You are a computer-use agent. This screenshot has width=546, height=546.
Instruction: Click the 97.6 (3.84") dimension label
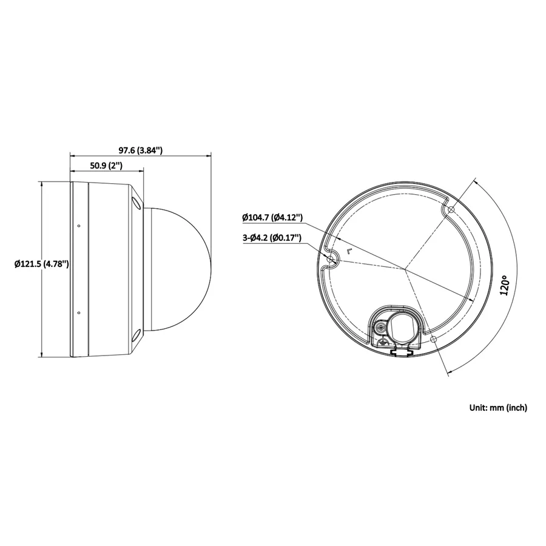pyautogui.click(x=141, y=150)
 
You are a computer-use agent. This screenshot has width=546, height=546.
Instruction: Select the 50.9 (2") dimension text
pyautogui.click(x=106, y=166)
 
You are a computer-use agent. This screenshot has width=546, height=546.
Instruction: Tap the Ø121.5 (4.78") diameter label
pyautogui.click(x=41, y=264)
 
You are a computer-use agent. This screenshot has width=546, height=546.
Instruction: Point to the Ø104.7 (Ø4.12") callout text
pyautogui.click(x=272, y=218)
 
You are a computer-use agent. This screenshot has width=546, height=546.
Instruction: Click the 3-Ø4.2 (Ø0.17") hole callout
pyautogui.click(x=272, y=238)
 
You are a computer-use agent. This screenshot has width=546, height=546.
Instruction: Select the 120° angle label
pyautogui.click(x=505, y=285)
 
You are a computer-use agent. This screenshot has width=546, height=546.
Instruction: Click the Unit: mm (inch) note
pyautogui.click(x=498, y=408)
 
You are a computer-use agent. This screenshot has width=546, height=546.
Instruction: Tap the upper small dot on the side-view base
pyautogui.click(x=79, y=226)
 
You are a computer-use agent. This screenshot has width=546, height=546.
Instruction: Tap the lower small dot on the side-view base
pyautogui.click(x=79, y=312)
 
